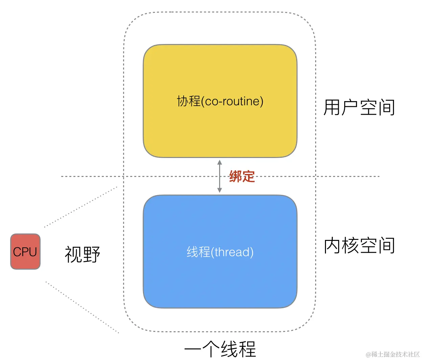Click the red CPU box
tap(25, 251)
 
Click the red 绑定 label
tap(242, 176)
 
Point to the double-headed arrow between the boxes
tap(219, 176)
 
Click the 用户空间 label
tap(359, 107)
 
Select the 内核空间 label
tap(359, 245)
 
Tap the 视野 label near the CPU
tap(83, 254)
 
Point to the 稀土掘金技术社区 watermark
tap(393, 354)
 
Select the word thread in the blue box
tap(233, 252)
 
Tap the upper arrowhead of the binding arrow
tap(219, 163)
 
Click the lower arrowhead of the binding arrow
tap(219, 190)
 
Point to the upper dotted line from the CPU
tap(80, 207)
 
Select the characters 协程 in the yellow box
tap(189, 101)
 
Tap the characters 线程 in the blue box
tap(198, 252)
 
